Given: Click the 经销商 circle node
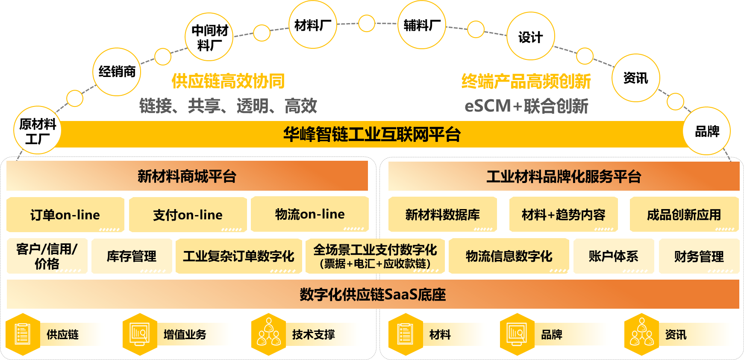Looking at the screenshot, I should click(117, 72).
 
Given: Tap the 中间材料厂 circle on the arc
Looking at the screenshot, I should click(209, 37).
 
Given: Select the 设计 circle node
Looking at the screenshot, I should click(530, 36).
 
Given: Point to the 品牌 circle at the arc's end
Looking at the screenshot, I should click(707, 131).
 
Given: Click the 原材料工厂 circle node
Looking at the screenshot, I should click(38, 130).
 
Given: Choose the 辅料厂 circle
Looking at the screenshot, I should click(422, 25).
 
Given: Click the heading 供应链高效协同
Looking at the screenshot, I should click(228, 81).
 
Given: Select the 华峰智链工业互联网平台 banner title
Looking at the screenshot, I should click(372, 134).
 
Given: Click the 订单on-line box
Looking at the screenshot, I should click(65, 215).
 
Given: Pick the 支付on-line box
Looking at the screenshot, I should click(188, 215).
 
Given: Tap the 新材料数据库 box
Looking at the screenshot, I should click(442, 215).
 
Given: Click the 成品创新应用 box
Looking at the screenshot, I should click(684, 215).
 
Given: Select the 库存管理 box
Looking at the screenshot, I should click(132, 256).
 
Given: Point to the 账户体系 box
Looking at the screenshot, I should click(613, 256).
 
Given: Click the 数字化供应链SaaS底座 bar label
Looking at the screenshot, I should click(373, 295).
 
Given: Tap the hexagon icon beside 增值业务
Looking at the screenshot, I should click(139, 334).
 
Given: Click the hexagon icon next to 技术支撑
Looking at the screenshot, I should click(268, 334).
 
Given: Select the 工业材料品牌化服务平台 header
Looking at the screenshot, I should click(564, 176).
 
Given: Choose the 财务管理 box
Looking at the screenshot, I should click(699, 256).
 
